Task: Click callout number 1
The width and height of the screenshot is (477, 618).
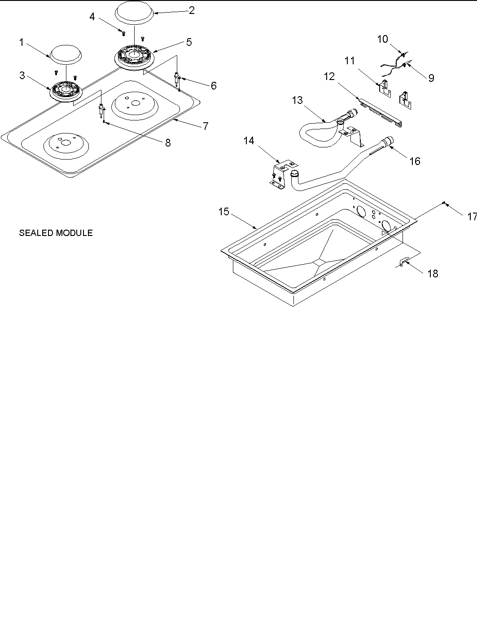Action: click(21, 43)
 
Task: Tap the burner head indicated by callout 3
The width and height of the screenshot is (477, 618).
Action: click(66, 90)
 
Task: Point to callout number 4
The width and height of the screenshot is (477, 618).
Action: click(92, 17)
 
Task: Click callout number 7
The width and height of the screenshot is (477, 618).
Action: click(205, 126)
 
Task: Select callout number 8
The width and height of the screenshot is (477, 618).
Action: click(167, 143)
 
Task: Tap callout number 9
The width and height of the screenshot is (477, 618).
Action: click(431, 78)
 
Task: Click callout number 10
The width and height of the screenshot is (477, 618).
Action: click(382, 39)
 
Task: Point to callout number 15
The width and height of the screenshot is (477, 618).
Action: click(224, 212)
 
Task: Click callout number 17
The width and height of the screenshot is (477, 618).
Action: click(471, 217)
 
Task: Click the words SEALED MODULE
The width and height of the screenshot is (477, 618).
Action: click(56, 233)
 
